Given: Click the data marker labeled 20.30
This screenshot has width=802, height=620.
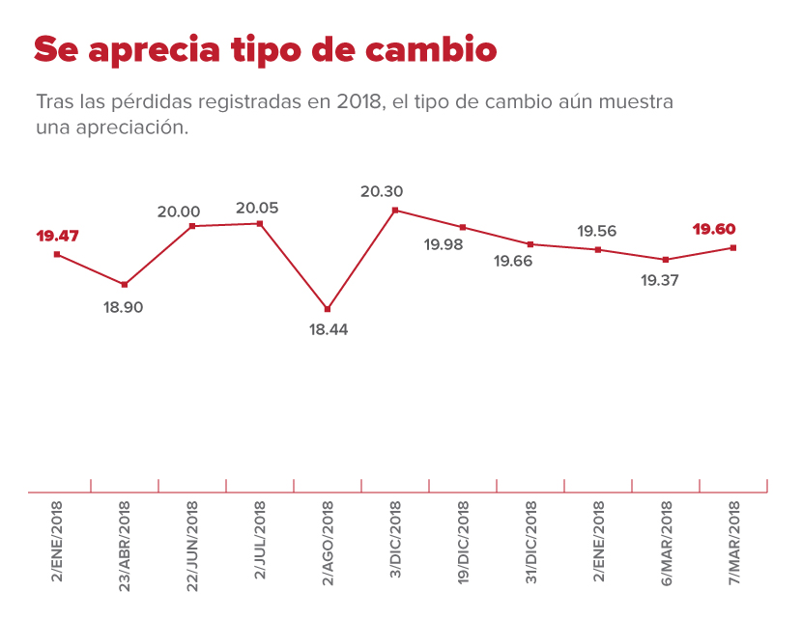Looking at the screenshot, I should pyautogui.click(x=395, y=210).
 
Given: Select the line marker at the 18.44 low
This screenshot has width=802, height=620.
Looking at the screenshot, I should pyautogui.click(x=328, y=309).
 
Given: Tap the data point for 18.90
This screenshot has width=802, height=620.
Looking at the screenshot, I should pyautogui.click(x=124, y=284).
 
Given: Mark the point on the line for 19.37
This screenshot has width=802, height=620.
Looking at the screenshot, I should pyautogui.click(x=666, y=260).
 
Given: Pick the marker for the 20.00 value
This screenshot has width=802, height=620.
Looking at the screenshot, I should pyautogui.click(x=192, y=226).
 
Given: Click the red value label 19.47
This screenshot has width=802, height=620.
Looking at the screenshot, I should pyautogui.click(x=57, y=235).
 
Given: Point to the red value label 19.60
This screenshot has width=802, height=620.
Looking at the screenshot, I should pyautogui.click(x=714, y=230).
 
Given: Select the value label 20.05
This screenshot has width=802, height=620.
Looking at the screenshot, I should pyautogui.click(x=259, y=208).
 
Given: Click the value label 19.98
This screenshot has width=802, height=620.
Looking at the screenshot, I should pyautogui.click(x=444, y=244).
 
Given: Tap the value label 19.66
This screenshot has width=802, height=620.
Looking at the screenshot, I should pyautogui.click(x=512, y=261).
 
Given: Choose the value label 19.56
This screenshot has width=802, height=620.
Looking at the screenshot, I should pyautogui.click(x=597, y=231).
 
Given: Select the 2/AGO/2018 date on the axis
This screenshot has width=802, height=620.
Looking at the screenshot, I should pyautogui.click(x=328, y=543).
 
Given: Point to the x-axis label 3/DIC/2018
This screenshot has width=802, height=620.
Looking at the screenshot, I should pyautogui.click(x=395, y=543).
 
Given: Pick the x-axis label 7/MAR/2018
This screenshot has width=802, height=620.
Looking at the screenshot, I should pyautogui.click(x=733, y=543).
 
